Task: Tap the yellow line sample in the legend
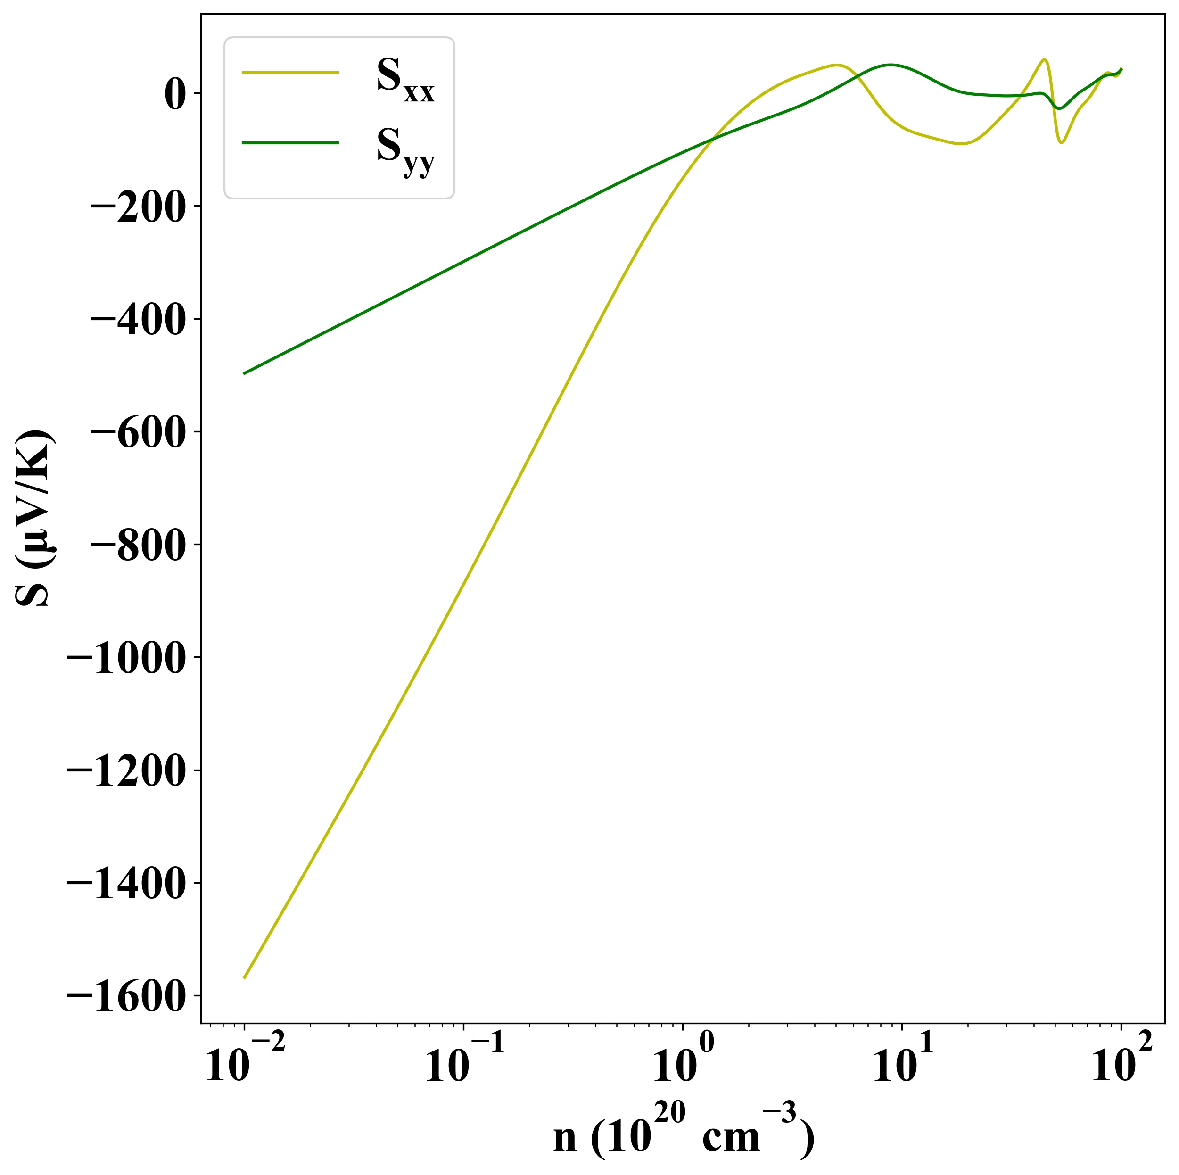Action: pos(290,73)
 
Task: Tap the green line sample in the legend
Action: pos(290,143)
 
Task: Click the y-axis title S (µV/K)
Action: pos(33,519)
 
